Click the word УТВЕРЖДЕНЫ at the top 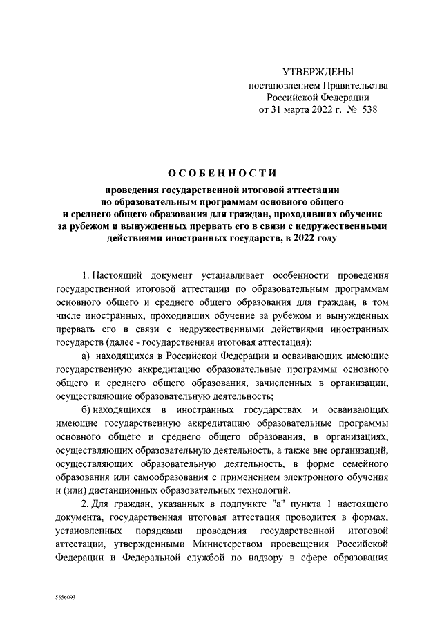point(318,72)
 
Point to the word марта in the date point(291,110)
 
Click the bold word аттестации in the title point(312,188)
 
